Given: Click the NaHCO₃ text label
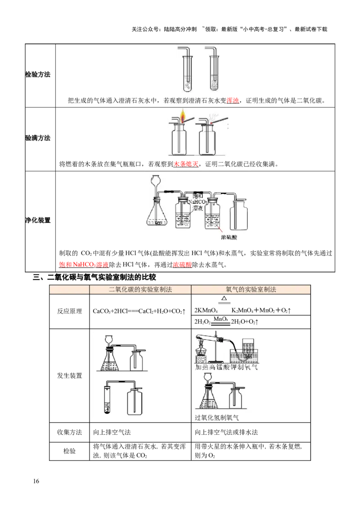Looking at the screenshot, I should [x=197, y=202].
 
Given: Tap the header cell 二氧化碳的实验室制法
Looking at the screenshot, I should [x=140, y=290].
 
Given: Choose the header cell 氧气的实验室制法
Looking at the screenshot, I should [x=251, y=290].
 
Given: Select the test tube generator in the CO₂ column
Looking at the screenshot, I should [x=108, y=398].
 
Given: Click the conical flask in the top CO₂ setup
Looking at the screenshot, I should [x=110, y=360].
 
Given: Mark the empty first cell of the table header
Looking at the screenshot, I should [x=69, y=290].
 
